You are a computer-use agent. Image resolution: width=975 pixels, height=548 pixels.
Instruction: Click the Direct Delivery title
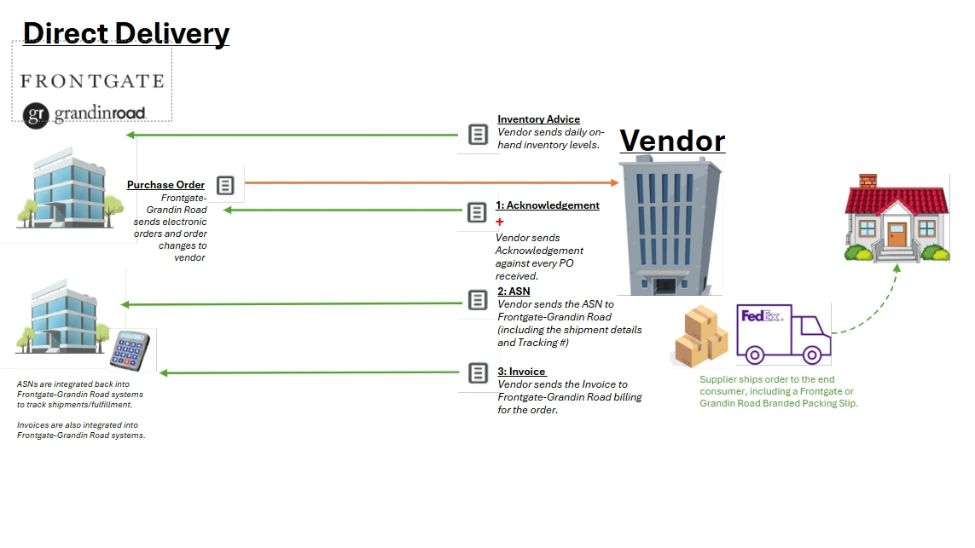126,33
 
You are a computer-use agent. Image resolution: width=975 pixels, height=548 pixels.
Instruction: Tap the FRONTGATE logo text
93,82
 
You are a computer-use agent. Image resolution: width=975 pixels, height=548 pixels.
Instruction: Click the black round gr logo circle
36,116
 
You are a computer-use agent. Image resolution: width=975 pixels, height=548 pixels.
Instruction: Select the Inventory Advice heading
538,119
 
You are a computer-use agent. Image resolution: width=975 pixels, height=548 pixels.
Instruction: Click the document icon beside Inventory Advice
479,134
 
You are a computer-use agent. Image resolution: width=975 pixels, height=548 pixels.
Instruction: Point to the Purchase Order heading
166,185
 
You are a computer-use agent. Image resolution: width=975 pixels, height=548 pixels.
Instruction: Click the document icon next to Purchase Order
225,185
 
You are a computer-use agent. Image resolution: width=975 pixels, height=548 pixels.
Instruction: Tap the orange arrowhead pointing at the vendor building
614,182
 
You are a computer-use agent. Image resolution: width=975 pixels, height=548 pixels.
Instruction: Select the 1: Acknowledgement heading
548,205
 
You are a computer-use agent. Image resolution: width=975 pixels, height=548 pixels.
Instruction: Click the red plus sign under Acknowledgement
499,222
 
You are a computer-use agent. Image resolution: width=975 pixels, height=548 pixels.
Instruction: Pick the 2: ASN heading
514,291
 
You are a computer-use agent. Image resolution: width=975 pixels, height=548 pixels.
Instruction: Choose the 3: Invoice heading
521,372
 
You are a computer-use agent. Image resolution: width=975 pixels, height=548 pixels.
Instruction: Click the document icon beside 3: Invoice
479,372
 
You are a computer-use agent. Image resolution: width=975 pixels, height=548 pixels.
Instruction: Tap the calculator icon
130,351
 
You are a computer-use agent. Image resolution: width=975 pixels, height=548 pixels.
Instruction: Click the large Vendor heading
673,141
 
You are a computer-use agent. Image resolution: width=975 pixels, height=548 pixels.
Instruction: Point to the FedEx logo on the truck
762,316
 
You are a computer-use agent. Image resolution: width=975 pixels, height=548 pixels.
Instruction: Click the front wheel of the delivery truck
812,355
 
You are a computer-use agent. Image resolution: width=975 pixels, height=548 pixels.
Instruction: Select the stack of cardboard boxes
701,336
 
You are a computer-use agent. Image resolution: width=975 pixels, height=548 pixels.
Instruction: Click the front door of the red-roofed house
897,235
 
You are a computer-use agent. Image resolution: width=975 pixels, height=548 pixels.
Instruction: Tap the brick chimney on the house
868,181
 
